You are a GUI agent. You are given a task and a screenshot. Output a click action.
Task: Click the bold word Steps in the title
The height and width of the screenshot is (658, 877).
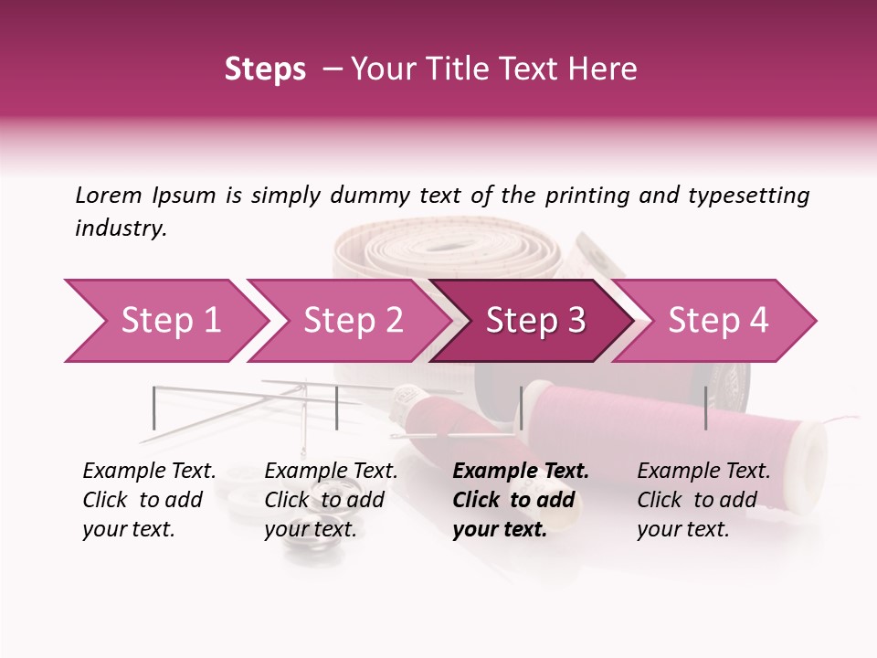click(x=265, y=69)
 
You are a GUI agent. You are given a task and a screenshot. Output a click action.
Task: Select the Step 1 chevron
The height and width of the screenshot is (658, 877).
click(x=164, y=321)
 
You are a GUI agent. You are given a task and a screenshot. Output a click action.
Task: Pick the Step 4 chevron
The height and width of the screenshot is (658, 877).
click(x=716, y=321)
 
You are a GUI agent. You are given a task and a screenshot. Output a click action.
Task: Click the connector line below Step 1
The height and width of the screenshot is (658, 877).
click(x=154, y=408)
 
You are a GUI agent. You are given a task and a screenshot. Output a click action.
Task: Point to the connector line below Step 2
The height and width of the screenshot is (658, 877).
click(x=337, y=408)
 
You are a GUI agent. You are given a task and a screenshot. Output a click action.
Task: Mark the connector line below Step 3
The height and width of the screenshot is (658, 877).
click(x=522, y=408)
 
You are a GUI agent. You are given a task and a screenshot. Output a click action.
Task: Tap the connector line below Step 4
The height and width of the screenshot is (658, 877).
click(x=706, y=408)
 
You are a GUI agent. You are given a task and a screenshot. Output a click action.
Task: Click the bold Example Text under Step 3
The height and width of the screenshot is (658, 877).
click(x=521, y=472)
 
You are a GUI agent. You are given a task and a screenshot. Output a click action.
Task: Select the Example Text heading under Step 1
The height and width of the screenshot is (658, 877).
click(x=149, y=472)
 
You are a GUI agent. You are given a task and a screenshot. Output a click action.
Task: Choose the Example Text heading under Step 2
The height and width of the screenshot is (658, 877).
click(x=331, y=472)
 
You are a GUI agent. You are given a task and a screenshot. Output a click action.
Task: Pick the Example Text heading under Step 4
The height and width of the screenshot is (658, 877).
click(x=703, y=472)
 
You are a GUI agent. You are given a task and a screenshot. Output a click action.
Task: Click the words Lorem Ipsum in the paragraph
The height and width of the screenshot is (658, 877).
click(x=145, y=196)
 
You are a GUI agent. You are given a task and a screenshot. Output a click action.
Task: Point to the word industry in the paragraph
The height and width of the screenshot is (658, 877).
click(x=120, y=228)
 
